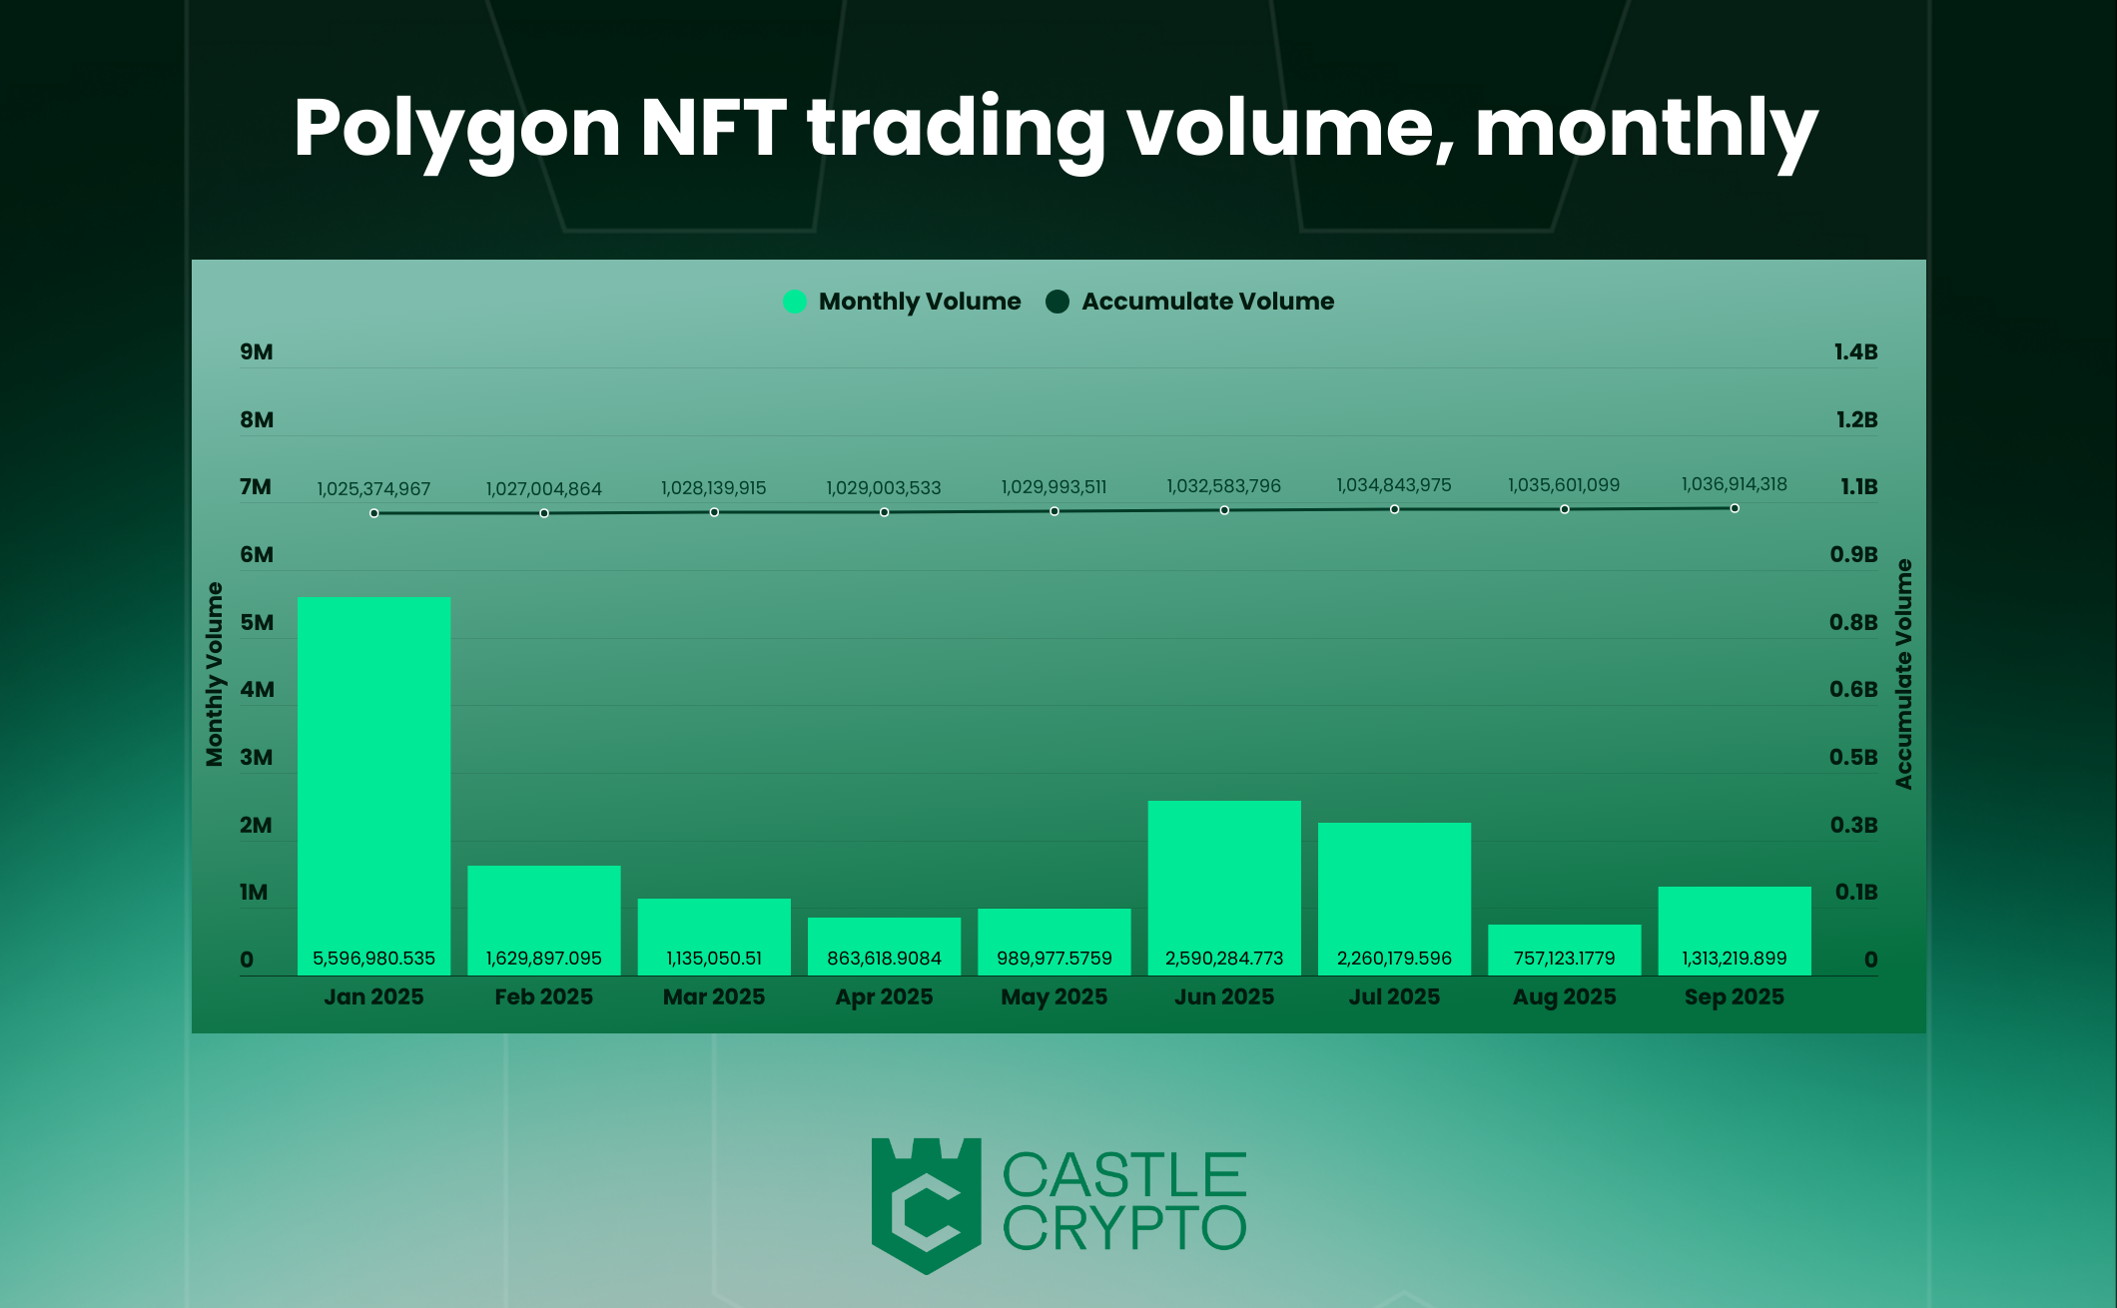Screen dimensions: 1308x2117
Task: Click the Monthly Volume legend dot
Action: click(795, 302)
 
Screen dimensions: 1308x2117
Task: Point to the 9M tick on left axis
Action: click(256, 351)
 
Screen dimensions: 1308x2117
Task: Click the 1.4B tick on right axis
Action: click(1855, 351)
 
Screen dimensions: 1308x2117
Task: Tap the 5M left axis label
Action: click(256, 622)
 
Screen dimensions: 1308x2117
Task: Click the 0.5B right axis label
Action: click(1853, 757)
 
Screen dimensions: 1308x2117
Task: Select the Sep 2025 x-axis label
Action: click(1734, 996)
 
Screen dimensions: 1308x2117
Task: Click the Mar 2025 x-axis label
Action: click(713, 996)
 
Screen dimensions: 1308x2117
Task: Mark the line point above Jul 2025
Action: click(1394, 509)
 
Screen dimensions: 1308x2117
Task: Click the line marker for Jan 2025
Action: click(373, 513)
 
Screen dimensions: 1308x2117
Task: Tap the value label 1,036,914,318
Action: click(1734, 484)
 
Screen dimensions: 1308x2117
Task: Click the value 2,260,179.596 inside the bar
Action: click(1394, 959)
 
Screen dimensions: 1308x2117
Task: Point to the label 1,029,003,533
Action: click(883, 488)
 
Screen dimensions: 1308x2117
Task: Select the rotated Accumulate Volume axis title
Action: click(1903, 674)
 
